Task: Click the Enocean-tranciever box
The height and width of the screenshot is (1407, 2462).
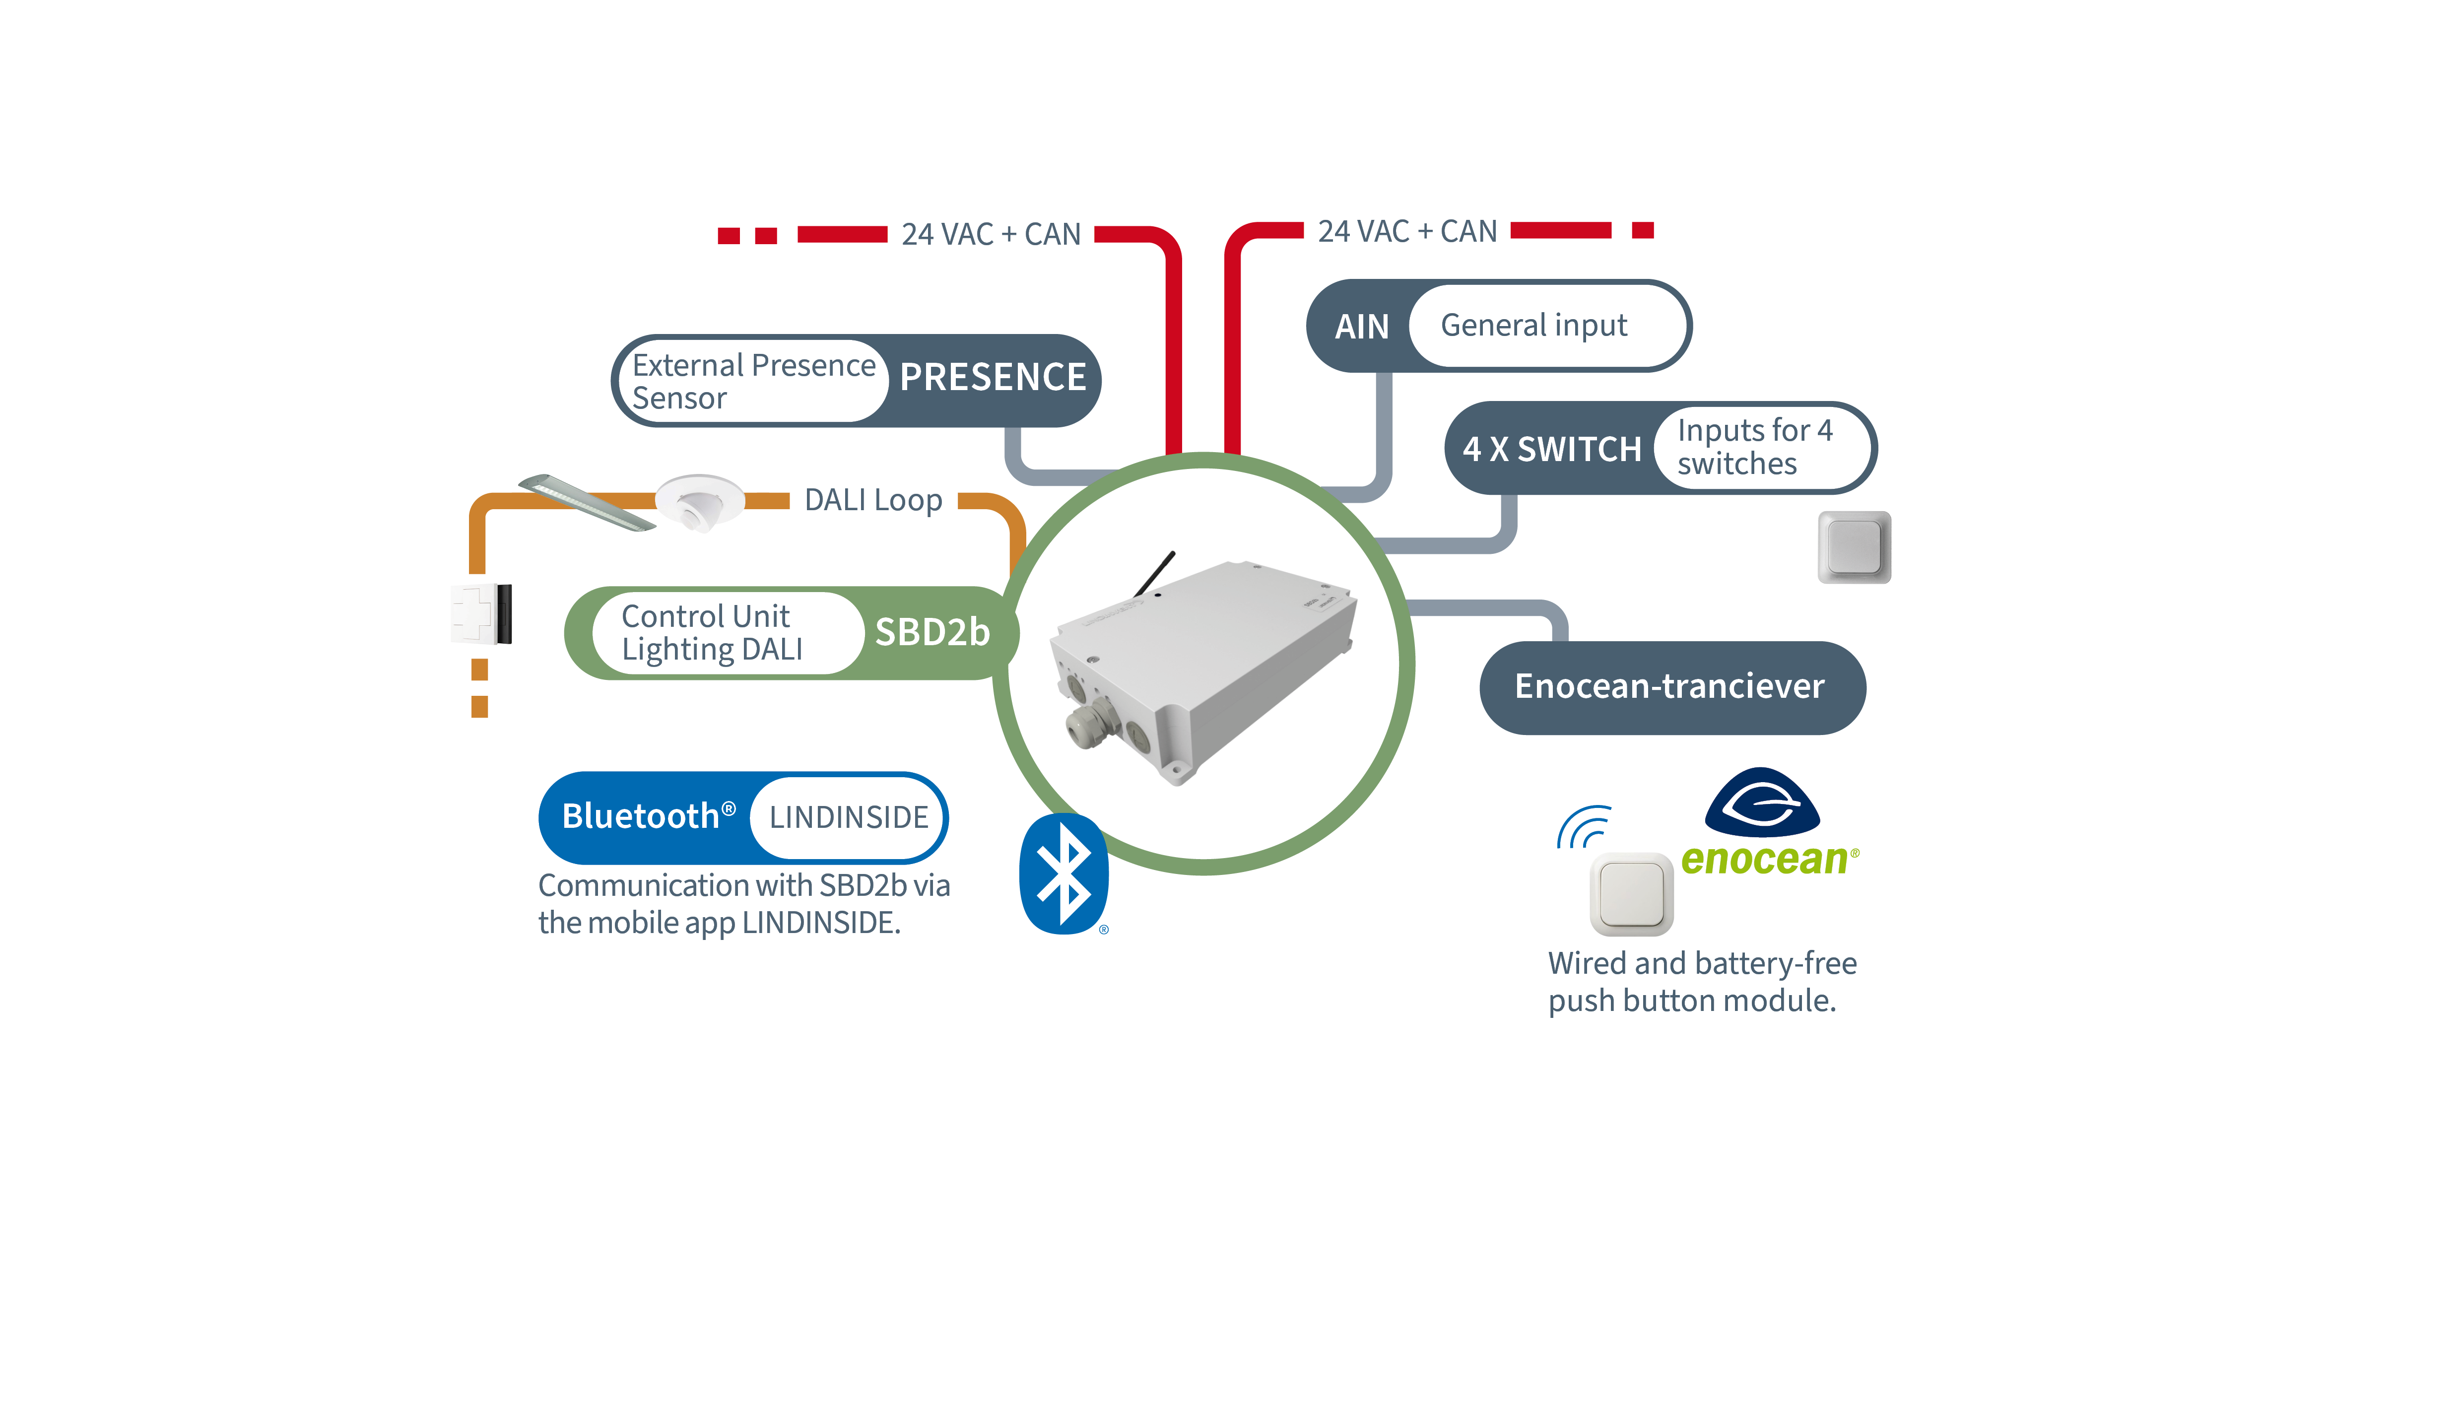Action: tap(1670, 687)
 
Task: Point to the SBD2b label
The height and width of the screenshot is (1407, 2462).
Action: tap(932, 633)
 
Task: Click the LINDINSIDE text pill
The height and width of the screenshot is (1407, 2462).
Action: tap(848, 817)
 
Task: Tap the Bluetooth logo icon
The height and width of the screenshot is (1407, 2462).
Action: tap(1063, 874)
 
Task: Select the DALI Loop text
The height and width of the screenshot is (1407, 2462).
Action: tap(872, 501)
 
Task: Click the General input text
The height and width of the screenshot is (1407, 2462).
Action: tap(1533, 326)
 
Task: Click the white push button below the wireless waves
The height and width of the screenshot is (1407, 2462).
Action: tap(1631, 894)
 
